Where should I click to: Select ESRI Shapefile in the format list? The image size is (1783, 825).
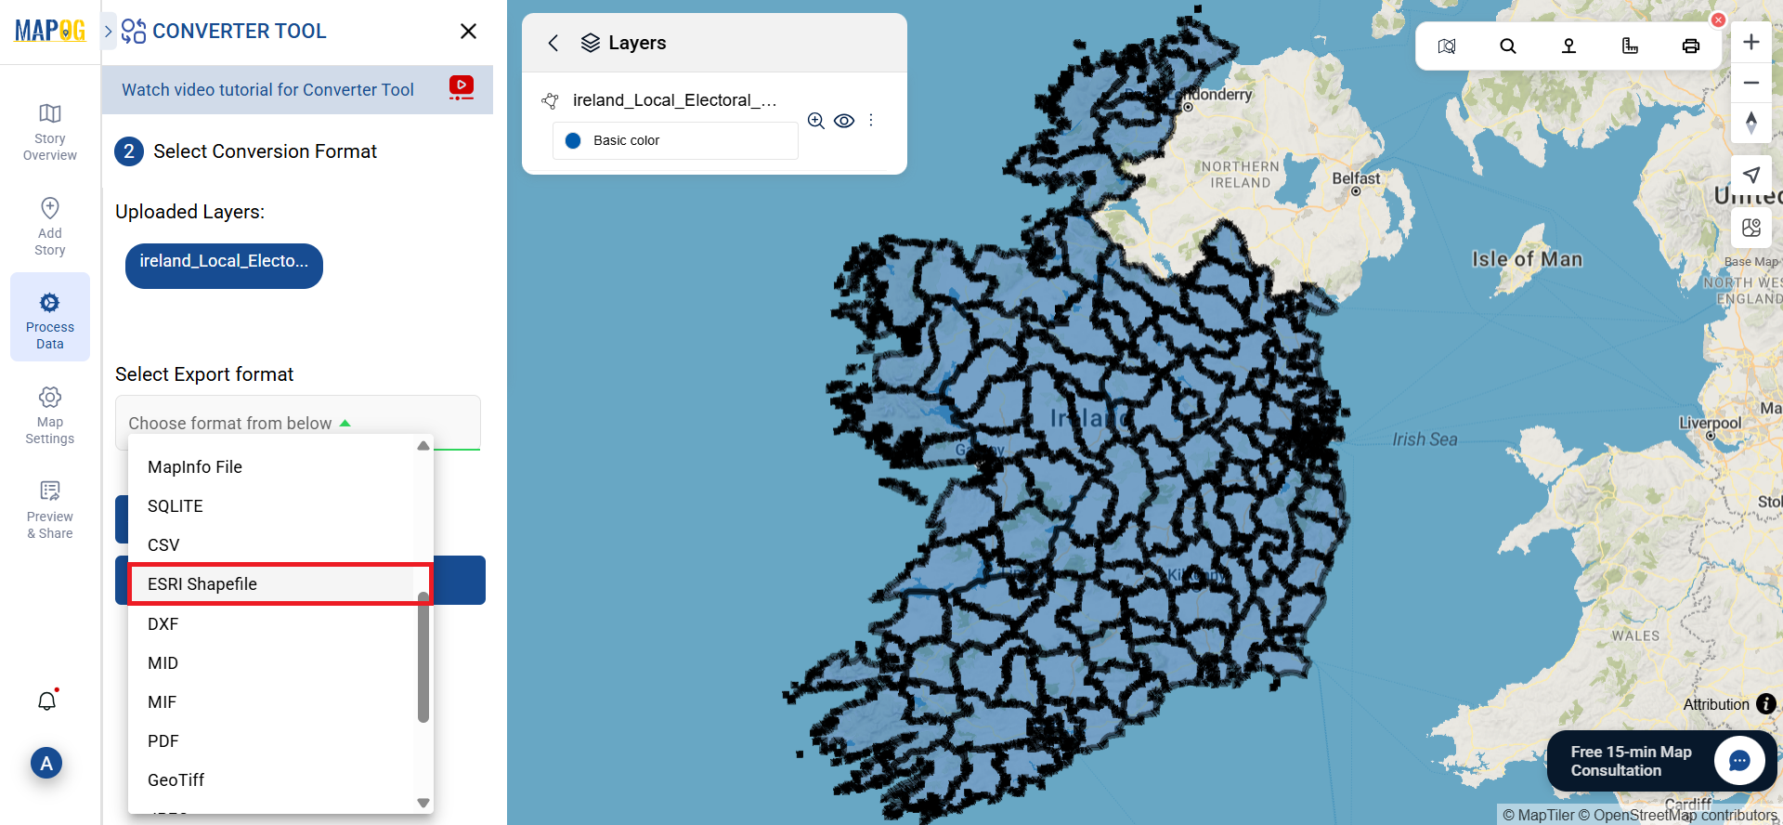click(202, 584)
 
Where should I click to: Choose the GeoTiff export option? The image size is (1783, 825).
click(176, 780)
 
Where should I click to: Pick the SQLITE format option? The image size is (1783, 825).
click(175, 506)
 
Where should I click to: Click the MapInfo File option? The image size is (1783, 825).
click(194, 467)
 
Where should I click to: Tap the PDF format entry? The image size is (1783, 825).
click(163, 741)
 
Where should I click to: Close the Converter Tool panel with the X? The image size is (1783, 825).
click(469, 32)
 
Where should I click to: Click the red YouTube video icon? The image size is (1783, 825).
click(462, 87)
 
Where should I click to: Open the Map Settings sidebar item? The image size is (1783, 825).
click(50, 414)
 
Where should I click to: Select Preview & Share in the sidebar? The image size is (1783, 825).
click(50, 509)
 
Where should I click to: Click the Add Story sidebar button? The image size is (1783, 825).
click(50, 225)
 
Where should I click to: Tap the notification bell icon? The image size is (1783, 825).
click(47, 701)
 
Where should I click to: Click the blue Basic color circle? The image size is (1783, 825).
click(573, 140)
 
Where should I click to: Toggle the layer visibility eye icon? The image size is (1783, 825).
click(844, 121)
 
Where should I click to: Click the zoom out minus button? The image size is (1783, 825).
click(1751, 83)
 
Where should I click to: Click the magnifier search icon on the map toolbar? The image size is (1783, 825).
click(1508, 46)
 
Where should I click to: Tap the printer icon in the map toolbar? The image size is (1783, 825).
click(1691, 46)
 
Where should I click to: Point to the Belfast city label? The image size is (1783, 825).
click(1356, 178)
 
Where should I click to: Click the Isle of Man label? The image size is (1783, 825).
click(1527, 259)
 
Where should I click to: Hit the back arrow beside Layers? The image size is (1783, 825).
click(553, 43)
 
